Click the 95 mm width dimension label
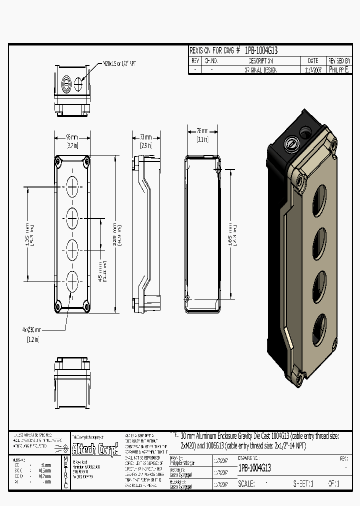click(72, 137)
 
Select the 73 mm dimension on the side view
click(145, 137)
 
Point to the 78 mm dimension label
click(202, 131)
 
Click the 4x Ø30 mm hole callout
click(31, 330)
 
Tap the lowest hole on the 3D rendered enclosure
click(319, 330)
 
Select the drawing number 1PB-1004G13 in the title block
click(255, 468)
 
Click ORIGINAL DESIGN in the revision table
click(260, 70)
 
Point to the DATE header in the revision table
click(313, 60)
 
